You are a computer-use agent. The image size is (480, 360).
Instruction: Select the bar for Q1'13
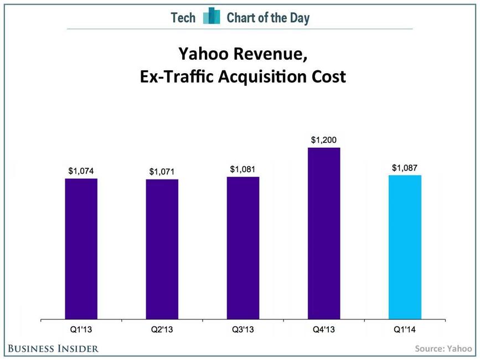coord(81,249)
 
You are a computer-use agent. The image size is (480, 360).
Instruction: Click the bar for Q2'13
coord(162,249)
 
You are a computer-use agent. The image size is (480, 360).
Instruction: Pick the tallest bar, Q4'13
coord(324,233)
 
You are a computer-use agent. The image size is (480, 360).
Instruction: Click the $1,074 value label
coord(81,171)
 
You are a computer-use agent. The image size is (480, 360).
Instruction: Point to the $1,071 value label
coord(162,172)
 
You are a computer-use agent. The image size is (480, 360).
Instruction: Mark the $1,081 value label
coord(243,169)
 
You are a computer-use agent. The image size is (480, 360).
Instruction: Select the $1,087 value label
coord(405,168)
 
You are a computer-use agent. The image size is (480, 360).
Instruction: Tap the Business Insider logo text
coord(53,348)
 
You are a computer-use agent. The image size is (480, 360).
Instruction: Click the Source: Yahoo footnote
coord(443,348)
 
